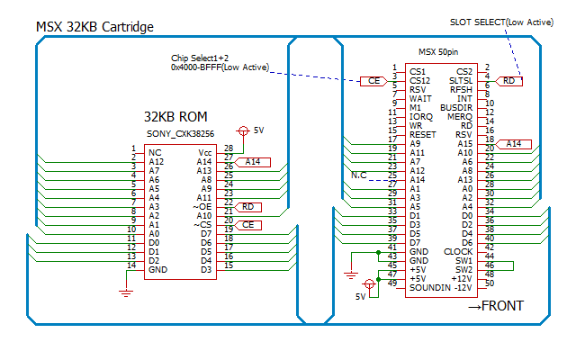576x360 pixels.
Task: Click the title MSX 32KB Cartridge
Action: click(x=94, y=27)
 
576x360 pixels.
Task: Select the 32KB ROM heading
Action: click(x=175, y=117)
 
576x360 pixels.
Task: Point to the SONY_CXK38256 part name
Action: click(x=180, y=134)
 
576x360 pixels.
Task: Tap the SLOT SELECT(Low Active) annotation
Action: click(x=501, y=22)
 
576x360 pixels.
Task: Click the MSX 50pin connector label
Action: click(x=438, y=52)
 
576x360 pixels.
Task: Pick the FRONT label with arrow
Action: click(x=496, y=306)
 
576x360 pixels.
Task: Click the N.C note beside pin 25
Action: click(x=359, y=175)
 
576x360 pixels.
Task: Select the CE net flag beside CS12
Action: click(x=373, y=81)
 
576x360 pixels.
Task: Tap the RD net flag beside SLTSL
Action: click(x=508, y=81)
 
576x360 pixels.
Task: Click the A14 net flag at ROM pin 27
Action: click(x=252, y=162)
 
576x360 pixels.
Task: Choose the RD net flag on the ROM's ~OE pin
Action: click(x=247, y=207)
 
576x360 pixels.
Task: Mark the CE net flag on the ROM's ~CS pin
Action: click(x=247, y=225)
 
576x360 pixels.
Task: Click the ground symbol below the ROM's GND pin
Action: click(x=126, y=292)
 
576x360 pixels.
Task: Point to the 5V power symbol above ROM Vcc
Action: click(x=243, y=130)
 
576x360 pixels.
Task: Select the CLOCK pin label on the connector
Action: click(x=458, y=252)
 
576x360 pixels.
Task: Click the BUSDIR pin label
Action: click(x=456, y=108)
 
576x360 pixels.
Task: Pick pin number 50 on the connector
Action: click(x=490, y=283)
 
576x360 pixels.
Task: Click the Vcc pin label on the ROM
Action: click(x=204, y=153)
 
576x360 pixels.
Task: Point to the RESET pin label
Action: click(x=422, y=135)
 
